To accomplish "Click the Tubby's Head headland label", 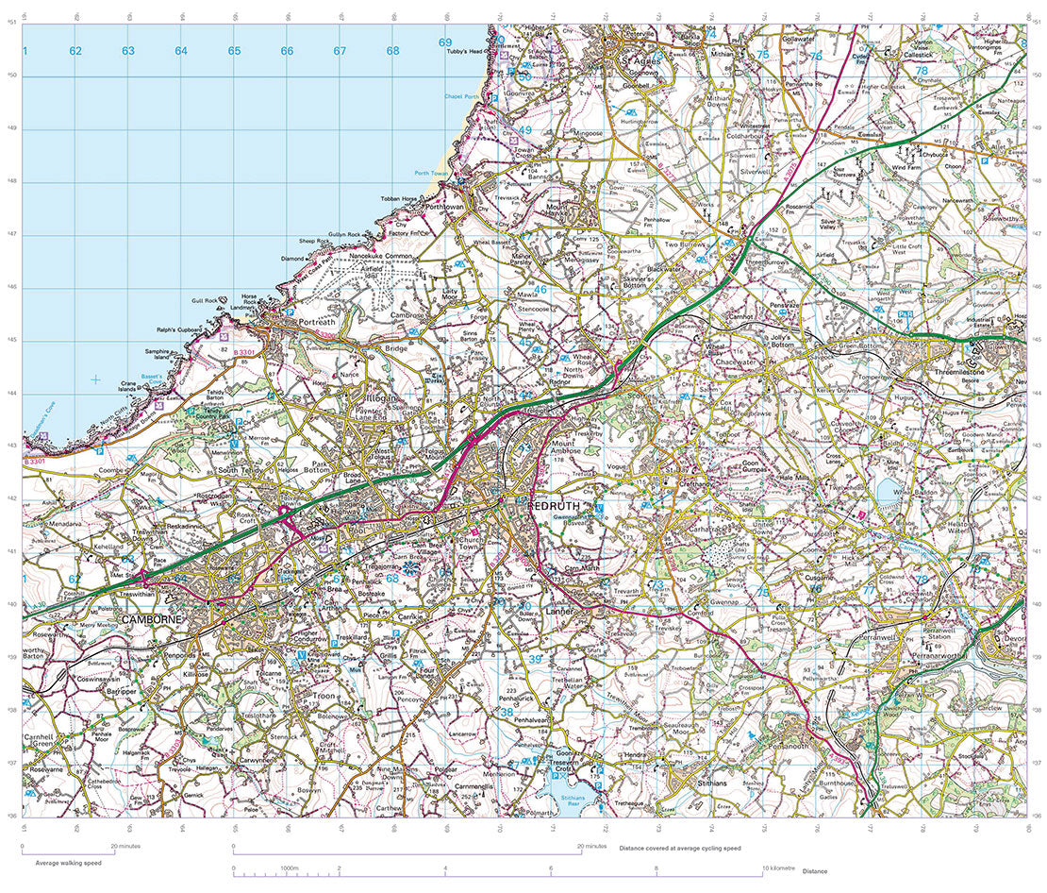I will [x=465, y=52].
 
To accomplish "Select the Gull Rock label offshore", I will [x=205, y=301].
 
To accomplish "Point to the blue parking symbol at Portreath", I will [x=291, y=311].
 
